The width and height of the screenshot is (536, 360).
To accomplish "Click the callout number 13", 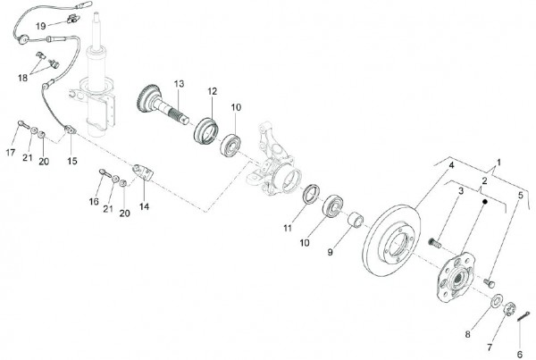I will [x=179, y=83].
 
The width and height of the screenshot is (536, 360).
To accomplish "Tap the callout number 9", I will [x=330, y=253].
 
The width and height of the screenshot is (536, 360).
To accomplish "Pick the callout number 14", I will [x=143, y=205].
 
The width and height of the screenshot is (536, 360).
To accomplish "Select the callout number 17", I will [x=12, y=153].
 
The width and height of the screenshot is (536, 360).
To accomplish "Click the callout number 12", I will [x=213, y=92].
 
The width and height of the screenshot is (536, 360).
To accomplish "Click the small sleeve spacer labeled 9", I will [x=354, y=220].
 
